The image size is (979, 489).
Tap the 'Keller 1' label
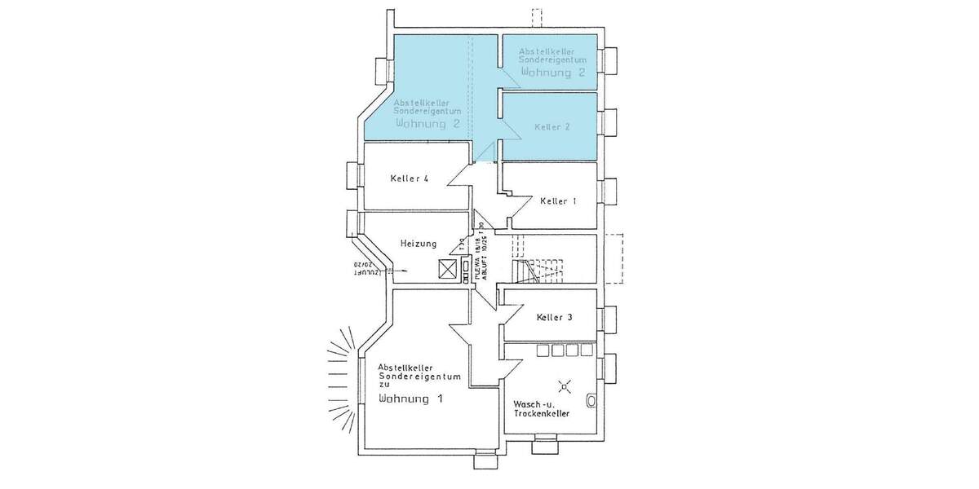click(x=559, y=200)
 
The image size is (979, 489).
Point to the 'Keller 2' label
click(x=552, y=128)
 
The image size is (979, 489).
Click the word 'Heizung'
click(x=419, y=244)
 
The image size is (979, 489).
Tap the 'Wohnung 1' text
click(x=411, y=399)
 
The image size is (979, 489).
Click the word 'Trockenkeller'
click(x=541, y=414)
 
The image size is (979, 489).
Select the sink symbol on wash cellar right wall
click(x=591, y=400)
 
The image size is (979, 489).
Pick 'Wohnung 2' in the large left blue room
click(x=427, y=124)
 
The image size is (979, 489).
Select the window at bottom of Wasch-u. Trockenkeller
click(x=544, y=445)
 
